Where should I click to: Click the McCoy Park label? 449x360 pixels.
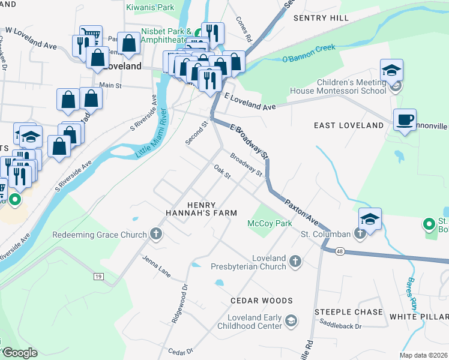coord(269,223)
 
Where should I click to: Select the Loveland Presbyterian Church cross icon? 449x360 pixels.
coord(294,261)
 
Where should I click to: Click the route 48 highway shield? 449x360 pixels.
coord(340,251)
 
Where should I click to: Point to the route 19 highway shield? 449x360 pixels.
coord(98,276)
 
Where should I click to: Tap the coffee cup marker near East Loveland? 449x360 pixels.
coord(405,119)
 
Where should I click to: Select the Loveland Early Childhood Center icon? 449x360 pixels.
coord(291,322)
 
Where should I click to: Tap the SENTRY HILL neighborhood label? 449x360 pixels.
coord(321,19)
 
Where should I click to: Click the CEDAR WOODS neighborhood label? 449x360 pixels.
coord(264,300)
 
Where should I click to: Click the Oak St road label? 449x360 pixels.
coord(222,172)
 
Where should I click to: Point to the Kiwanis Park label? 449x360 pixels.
coord(149,8)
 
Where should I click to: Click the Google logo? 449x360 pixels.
coord(19,353)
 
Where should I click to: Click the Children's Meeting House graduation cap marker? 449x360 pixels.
coord(391,70)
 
